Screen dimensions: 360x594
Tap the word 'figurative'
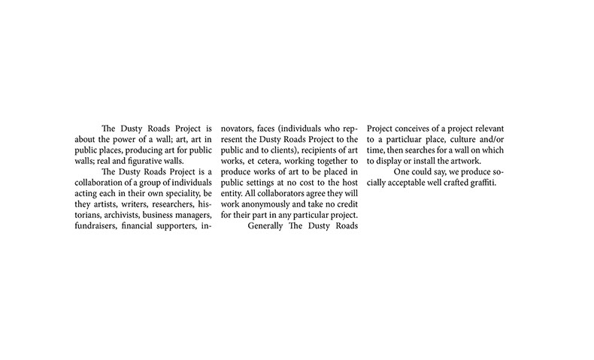point(157,161)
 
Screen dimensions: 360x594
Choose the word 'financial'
point(148,224)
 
